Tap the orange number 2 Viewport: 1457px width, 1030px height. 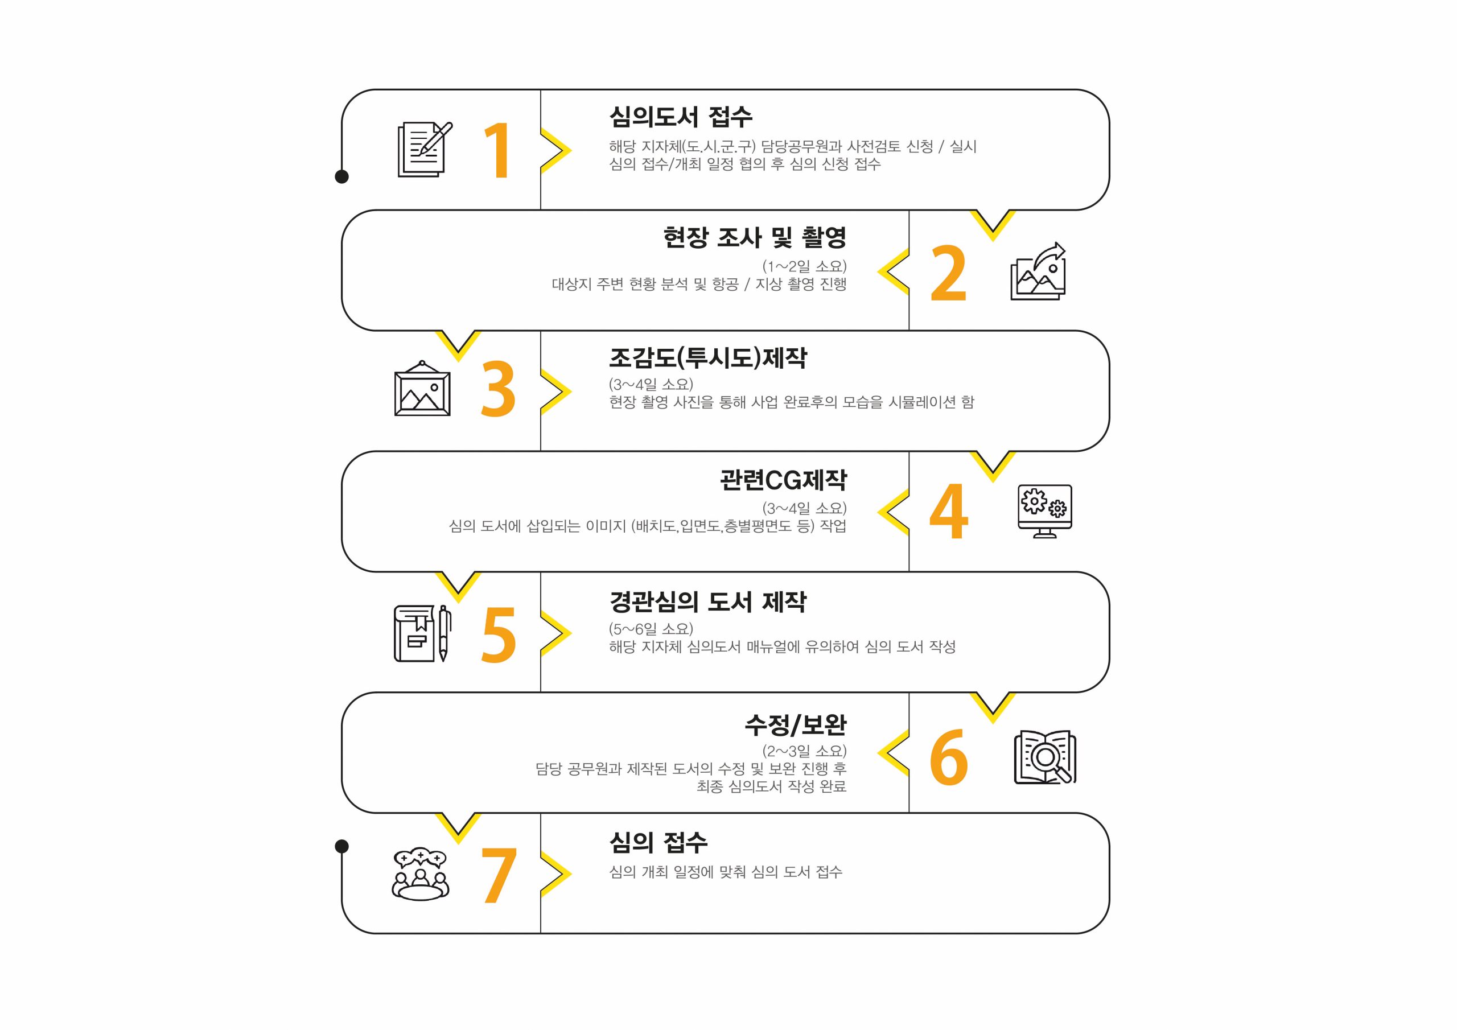948,274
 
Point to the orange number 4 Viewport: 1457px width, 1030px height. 949,511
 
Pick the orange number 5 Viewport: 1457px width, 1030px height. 499,634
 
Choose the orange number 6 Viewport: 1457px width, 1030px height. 949,756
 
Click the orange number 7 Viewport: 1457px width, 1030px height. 498,875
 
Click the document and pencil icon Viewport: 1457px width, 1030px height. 424,150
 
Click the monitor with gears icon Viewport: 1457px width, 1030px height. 1044,511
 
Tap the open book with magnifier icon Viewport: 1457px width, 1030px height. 1044,756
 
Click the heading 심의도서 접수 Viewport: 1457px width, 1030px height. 680,117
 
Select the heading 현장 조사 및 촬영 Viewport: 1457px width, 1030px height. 755,237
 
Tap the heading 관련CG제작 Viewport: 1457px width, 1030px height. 783,480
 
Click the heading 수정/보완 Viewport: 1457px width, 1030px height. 795,724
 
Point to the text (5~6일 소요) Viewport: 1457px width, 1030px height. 651,629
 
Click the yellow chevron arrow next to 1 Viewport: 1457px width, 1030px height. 557,150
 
